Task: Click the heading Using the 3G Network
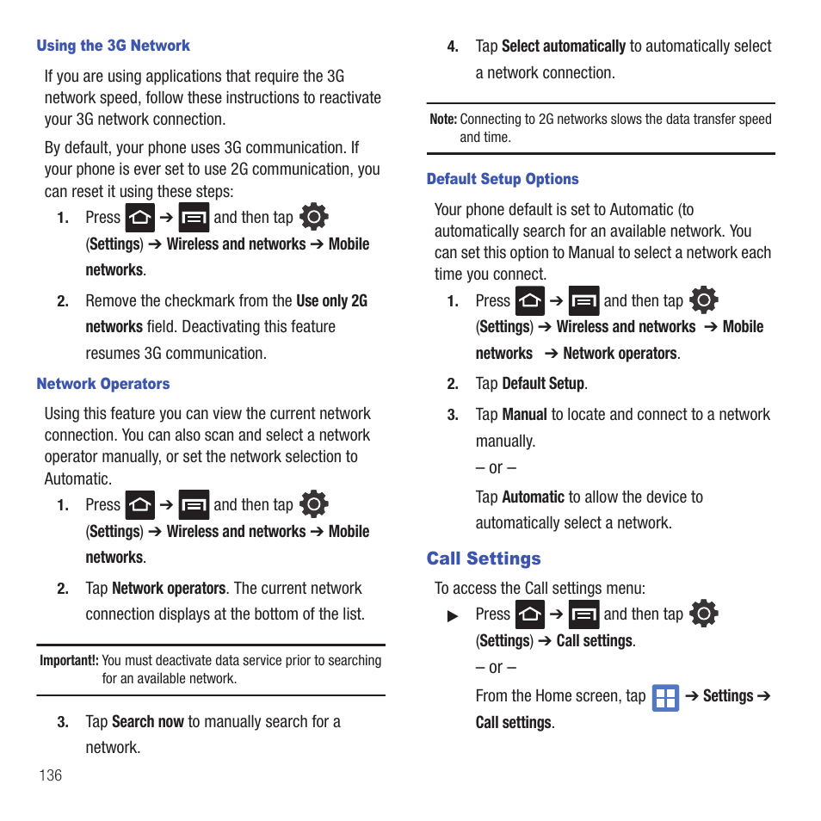pos(113,46)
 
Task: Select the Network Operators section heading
pos(103,384)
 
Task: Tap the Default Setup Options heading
pos(503,179)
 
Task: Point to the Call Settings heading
pos(484,559)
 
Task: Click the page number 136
pos(51,775)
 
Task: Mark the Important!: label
pos(69,661)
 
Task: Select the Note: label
pos(442,120)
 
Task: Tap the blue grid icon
pos(665,697)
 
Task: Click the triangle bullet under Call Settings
pos(453,616)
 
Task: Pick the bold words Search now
pos(148,721)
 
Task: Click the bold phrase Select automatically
pos(564,46)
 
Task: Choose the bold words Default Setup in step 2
pos(543,384)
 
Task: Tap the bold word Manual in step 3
pos(524,415)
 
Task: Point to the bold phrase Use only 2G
pos(331,301)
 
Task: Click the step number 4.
pos(453,47)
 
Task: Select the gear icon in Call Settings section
pos(704,613)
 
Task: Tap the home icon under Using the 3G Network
pos(140,218)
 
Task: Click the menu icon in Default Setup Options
pos(584,301)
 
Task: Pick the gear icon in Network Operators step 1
pos(313,503)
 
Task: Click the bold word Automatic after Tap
pos(533,497)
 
